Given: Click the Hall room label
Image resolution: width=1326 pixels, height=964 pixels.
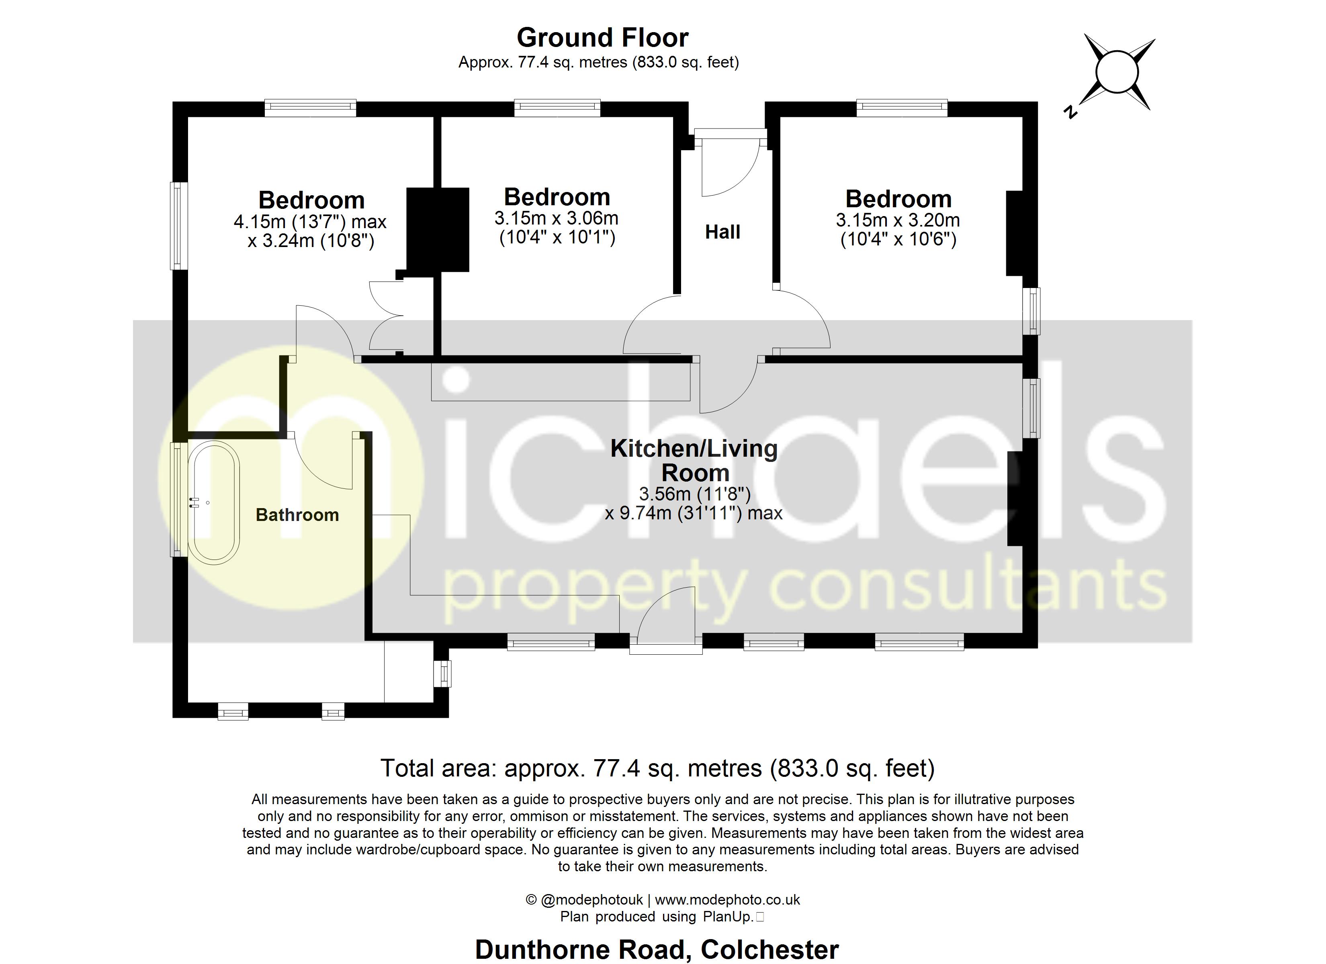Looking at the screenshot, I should [722, 232].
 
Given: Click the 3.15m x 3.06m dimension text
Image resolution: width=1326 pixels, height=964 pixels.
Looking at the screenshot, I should [556, 219].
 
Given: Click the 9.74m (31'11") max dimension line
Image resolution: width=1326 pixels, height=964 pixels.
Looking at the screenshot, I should [694, 514].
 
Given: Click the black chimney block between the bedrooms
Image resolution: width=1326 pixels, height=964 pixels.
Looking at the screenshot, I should [438, 229].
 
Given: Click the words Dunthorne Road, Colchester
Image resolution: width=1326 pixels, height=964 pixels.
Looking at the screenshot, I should [657, 950].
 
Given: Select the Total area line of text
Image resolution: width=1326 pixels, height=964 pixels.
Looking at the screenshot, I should [657, 768].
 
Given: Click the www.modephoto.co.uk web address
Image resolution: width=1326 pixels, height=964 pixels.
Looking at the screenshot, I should [727, 900].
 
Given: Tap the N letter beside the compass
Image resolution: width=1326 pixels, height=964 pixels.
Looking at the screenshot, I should [1070, 112].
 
